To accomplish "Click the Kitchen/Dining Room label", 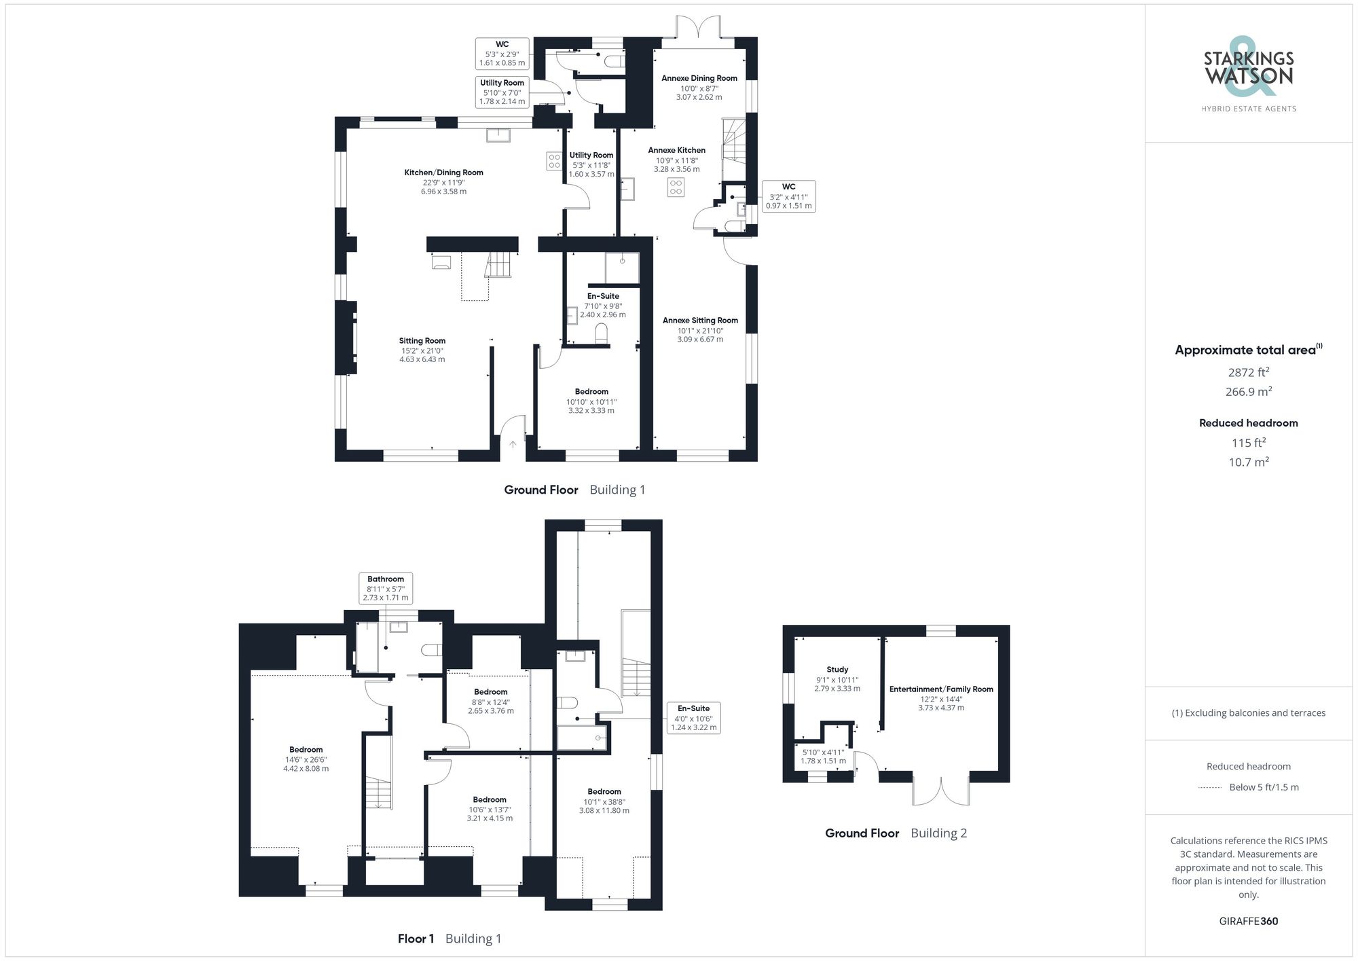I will click(x=443, y=173).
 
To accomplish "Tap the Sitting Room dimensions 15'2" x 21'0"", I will click(x=422, y=350).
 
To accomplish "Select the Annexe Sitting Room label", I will click(x=700, y=321).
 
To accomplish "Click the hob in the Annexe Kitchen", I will click(x=676, y=187).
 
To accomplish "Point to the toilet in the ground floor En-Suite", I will click(x=601, y=333).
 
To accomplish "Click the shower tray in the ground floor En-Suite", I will click(x=622, y=268).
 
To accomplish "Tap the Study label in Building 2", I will click(x=837, y=670).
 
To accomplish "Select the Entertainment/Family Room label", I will click(x=941, y=689).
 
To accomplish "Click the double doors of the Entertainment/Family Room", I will click(x=941, y=790).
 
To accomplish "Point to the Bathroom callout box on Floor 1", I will click(x=386, y=588).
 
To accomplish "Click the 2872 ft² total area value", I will click(x=1248, y=372).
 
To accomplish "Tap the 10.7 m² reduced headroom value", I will click(x=1248, y=462).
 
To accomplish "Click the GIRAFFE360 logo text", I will click(x=1248, y=921).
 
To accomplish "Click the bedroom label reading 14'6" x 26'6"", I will click(x=306, y=759).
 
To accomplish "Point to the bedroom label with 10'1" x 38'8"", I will click(x=604, y=801).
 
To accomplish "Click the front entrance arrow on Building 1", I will click(x=513, y=444).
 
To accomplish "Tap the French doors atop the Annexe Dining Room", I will click(x=699, y=29).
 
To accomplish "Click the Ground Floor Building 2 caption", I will click(x=896, y=833).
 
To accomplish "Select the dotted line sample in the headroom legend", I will click(x=1211, y=788).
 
